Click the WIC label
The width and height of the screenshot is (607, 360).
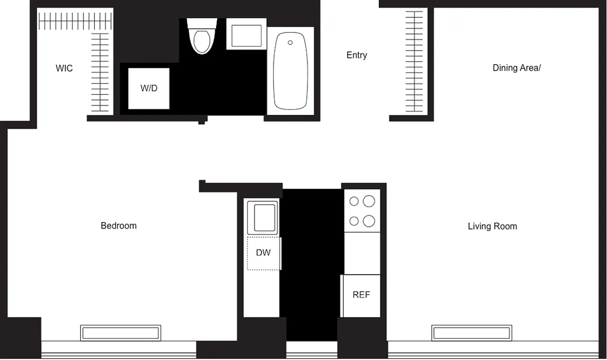point(64,68)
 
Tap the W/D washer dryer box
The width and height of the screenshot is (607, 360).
point(149,88)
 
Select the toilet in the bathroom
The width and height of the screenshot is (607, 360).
point(201,38)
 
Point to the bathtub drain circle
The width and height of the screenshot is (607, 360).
point(290,43)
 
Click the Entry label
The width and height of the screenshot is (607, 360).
point(356,55)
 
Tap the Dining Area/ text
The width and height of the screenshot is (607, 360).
point(516,68)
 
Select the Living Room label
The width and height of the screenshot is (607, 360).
point(492,226)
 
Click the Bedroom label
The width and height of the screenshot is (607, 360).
point(118,226)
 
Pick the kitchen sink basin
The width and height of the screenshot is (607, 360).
point(263,218)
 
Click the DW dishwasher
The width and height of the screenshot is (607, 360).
point(263,253)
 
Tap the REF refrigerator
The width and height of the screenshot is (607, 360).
point(361,295)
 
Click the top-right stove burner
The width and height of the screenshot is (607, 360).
point(369,201)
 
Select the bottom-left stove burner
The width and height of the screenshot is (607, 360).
point(354,221)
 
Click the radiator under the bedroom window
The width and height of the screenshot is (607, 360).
point(121,333)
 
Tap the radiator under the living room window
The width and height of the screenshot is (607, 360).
point(471,333)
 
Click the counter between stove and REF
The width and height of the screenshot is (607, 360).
point(362,253)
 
